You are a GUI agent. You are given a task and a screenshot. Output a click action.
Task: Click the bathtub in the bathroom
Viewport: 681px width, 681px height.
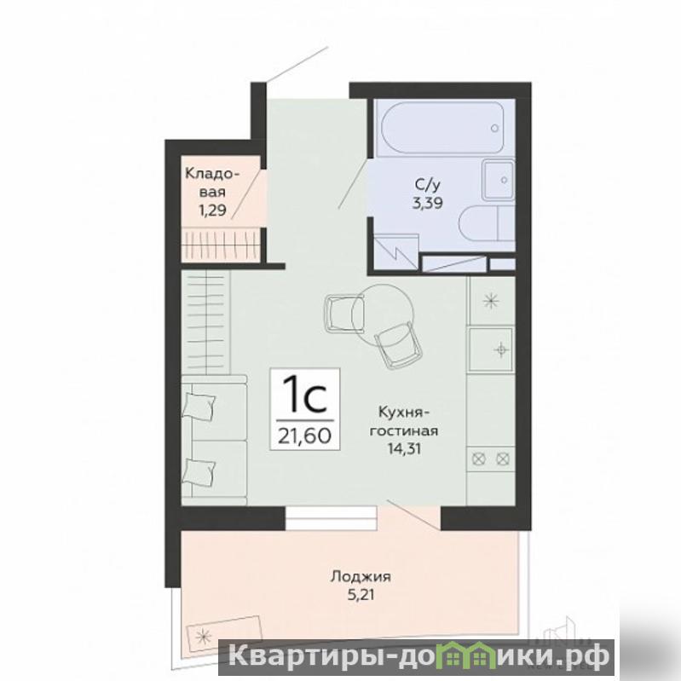[442, 127]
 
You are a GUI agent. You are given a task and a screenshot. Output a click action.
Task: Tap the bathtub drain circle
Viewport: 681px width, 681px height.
[494, 128]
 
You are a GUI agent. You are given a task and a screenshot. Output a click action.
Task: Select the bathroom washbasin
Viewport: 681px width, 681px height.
[499, 180]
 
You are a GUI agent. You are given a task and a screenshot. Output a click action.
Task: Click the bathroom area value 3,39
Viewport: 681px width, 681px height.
[427, 203]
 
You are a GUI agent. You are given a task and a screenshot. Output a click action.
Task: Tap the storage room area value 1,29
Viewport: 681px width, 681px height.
[212, 211]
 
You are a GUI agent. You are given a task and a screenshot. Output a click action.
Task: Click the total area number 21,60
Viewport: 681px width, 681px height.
[305, 436]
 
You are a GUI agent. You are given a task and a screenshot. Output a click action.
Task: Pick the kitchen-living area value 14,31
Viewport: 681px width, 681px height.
[404, 448]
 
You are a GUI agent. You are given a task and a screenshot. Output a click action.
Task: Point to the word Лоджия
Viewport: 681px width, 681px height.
[361, 577]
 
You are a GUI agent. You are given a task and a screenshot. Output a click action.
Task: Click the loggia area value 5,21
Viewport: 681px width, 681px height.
[361, 594]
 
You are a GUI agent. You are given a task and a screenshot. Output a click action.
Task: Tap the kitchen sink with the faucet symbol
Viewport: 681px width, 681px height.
[491, 349]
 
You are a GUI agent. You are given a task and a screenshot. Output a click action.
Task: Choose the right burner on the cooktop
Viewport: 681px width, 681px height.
[503, 459]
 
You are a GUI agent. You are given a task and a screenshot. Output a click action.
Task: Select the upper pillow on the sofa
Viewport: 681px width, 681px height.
[199, 406]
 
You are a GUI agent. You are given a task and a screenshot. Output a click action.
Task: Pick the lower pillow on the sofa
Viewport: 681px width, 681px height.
[199, 471]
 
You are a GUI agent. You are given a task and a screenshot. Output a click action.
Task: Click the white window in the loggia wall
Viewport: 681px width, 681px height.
[331, 518]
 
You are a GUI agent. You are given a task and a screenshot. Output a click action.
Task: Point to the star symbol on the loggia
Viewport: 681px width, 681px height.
[203, 638]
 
